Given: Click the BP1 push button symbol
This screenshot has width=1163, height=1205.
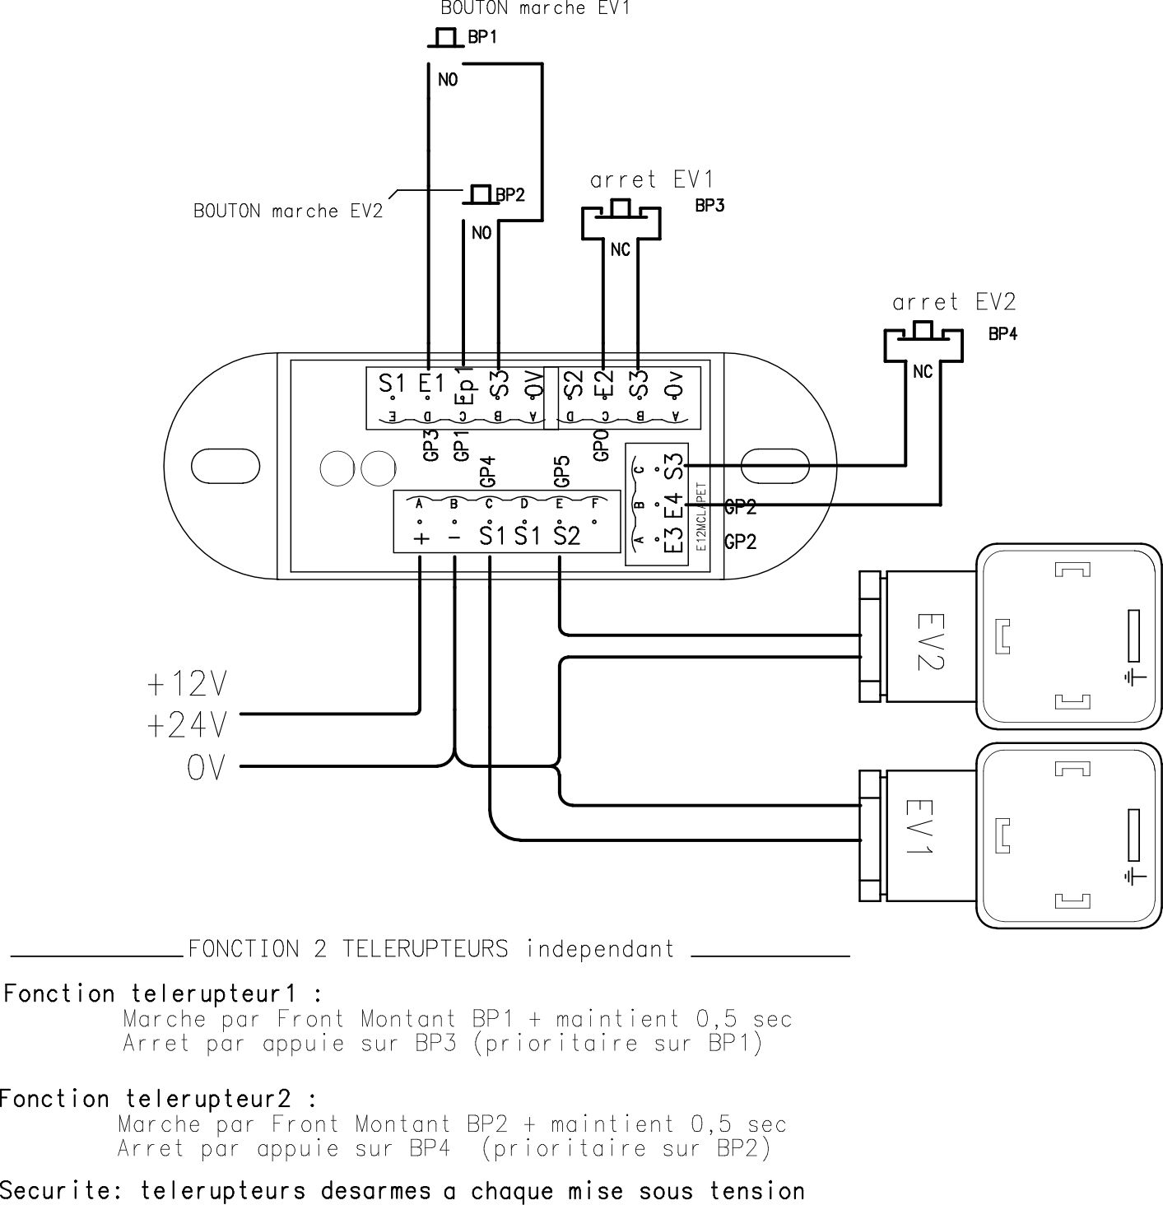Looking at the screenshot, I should [x=445, y=38].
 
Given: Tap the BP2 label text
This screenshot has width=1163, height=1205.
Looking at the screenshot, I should [x=510, y=195].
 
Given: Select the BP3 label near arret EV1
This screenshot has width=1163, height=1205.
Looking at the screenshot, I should [x=709, y=206].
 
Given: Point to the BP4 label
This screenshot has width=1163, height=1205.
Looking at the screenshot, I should [x=1003, y=334].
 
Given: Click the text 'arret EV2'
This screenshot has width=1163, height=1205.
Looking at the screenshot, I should [x=954, y=302].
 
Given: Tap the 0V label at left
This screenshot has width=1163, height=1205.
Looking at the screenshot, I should [x=205, y=768].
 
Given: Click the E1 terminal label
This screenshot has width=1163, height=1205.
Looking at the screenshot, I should [x=430, y=384].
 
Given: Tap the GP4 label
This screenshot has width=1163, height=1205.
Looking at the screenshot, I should [x=487, y=470].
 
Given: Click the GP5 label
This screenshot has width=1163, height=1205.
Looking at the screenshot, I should [x=561, y=470].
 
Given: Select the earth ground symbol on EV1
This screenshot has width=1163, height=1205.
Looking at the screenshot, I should [x=1134, y=875].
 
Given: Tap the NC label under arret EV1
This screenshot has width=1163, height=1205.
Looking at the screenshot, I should [x=620, y=249].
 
